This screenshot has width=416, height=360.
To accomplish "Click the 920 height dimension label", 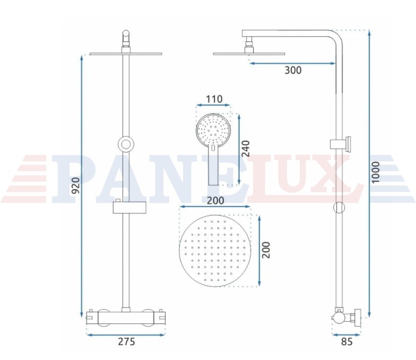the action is point(76,186).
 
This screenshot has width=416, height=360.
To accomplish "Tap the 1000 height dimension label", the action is point(376,172).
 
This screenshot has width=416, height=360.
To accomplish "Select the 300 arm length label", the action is point(293,70).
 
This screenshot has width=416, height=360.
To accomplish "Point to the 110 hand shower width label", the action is point(214,99).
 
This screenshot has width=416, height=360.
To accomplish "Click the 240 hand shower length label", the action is point(246,149).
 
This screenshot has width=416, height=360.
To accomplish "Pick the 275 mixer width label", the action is point(126,341).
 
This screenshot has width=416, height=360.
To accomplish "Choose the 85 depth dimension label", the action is point(347,341).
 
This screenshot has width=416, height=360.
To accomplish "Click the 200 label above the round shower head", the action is point(215,201).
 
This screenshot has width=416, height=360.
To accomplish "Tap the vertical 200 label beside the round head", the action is point(266,250).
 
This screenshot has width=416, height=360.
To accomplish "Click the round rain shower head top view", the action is point(215,251).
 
